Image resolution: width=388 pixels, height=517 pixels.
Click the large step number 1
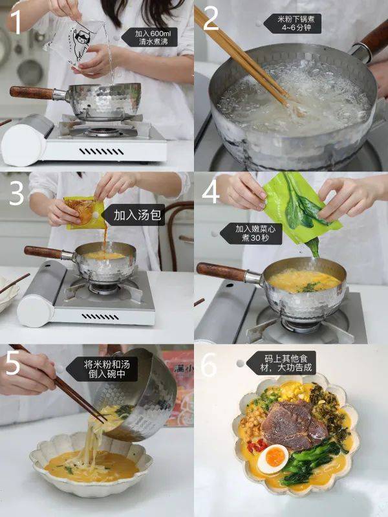(x=16, y=21)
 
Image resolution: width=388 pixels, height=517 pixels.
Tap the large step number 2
(x=211, y=19)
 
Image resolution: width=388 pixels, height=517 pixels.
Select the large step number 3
(x=16, y=193)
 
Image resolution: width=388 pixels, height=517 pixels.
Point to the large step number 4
(x=211, y=192)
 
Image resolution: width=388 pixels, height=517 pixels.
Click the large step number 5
(x=14, y=363)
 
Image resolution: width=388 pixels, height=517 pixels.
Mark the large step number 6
(x=208, y=364)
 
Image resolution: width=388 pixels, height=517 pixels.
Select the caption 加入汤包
(x=137, y=215)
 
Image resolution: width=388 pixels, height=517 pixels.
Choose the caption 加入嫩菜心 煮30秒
(x=255, y=233)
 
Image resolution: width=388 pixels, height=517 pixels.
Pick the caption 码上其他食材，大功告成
(x=285, y=363)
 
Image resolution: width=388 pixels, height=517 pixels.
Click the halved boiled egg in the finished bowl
(x=273, y=458)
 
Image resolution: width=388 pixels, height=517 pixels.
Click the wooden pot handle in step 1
(x=32, y=93)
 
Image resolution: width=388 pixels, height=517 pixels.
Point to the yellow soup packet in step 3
(x=84, y=213)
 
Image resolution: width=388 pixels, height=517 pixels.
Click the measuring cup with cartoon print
(x=76, y=42)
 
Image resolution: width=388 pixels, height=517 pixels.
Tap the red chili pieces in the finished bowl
(x=257, y=446)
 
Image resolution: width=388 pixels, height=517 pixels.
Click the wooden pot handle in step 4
(x=222, y=272)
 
